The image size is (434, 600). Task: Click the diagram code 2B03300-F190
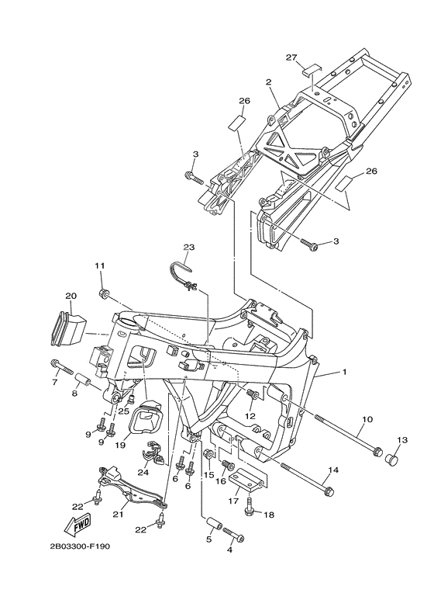coord(80,546)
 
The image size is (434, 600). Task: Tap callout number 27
coord(291,57)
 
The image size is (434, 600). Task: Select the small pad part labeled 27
coord(312,70)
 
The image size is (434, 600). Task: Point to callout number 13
coord(402,440)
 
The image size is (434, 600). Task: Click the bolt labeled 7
coord(61,366)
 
